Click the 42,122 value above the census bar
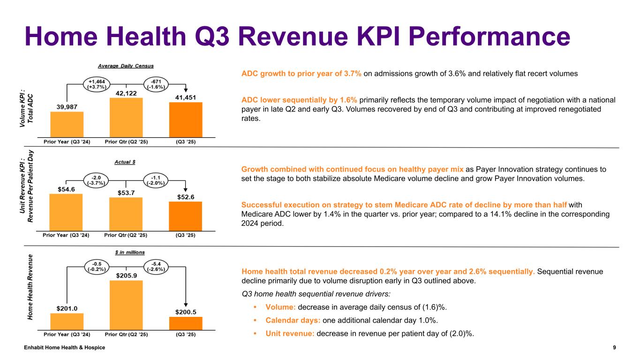[126, 93]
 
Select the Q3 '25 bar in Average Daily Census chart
[186, 120]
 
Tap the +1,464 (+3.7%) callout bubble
[97, 84]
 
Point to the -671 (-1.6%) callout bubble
[156, 84]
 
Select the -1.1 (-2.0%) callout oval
[156, 180]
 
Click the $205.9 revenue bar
[126, 305]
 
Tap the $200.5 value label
[186, 311]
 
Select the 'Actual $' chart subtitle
[125, 162]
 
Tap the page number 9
[614, 347]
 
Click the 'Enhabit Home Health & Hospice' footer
[65, 347]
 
